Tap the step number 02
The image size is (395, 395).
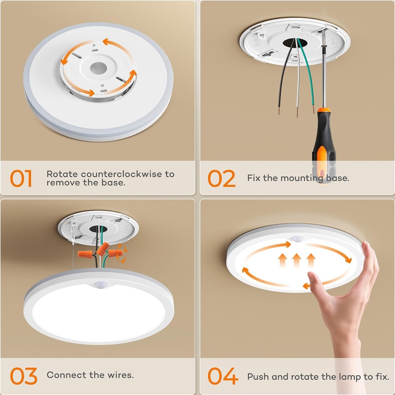(221, 179)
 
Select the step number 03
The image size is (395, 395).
(23, 376)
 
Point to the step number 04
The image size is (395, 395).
(223, 376)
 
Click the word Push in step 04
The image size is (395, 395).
(258, 376)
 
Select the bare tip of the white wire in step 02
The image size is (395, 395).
(297, 114)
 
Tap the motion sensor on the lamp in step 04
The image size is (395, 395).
(297, 239)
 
